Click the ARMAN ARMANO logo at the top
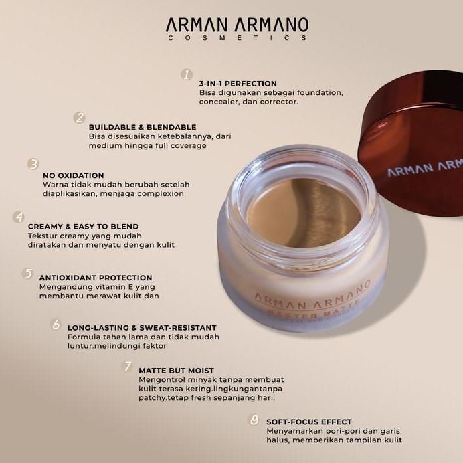point(238,25)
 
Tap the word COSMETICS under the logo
point(238,39)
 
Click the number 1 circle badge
point(187,75)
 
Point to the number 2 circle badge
point(80,118)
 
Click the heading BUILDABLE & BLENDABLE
point(143,126)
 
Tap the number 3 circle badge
point(33,164)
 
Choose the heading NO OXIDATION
point(73,175)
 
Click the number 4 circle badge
point(19,217)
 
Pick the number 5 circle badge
point(27,273)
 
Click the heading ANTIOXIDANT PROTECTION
point(96,278)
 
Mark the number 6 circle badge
point(56,325)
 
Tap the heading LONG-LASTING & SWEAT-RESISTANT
point(143,328)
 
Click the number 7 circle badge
point(127,367)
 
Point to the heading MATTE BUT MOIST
point(176,369)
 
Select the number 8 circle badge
point(254,420)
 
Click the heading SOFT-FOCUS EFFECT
point(308,422)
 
